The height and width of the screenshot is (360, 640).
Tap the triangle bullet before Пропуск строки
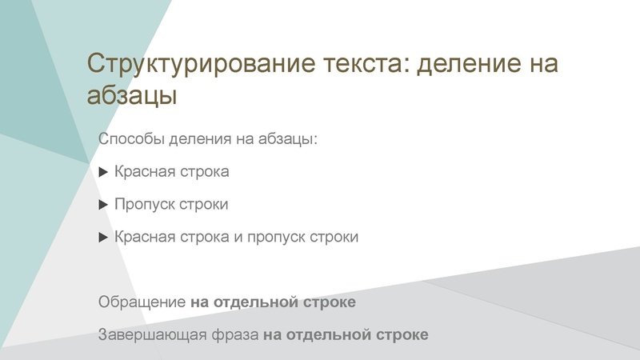(x=102, y=205)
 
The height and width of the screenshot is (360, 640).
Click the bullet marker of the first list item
(x=102, y=172)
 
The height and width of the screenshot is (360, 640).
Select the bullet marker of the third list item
(x=102, y=238)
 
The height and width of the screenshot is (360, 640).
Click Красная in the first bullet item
(x=142, y=172)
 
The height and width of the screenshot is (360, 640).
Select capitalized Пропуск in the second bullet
(x=144, y=205)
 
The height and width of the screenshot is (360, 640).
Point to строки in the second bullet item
(x=203, y=205)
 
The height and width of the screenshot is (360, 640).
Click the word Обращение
(x=142, y=303)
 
